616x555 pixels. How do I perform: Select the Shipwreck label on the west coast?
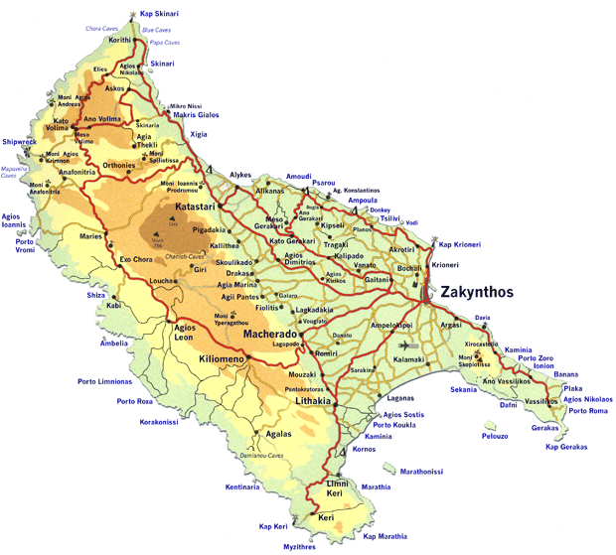coord(19,141)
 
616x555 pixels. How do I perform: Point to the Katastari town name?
coord(196,207)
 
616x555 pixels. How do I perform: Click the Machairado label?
coord(269,335)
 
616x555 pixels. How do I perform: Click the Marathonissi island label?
coord(422,472)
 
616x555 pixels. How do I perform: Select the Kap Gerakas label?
coord(566,447)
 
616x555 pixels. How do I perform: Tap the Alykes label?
coord(240,175)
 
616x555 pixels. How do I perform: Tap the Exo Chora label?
coord(138,260)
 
